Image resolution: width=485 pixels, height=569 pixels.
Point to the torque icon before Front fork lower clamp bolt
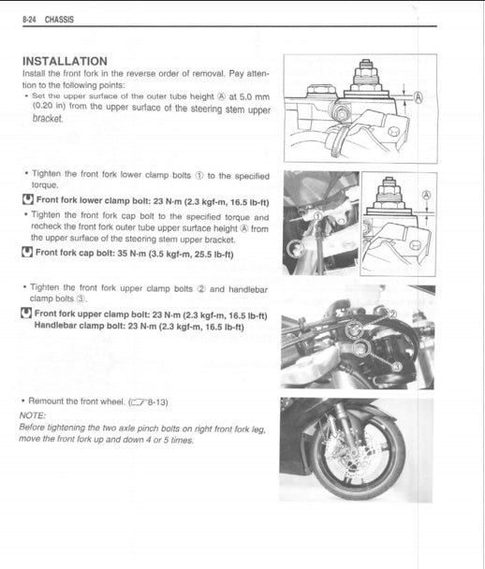[27, 199]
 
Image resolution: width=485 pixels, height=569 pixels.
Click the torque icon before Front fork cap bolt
[27, 253]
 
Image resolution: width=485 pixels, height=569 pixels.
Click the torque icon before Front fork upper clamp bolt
[27, 314]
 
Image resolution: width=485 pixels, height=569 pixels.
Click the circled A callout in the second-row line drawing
[427, 196]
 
